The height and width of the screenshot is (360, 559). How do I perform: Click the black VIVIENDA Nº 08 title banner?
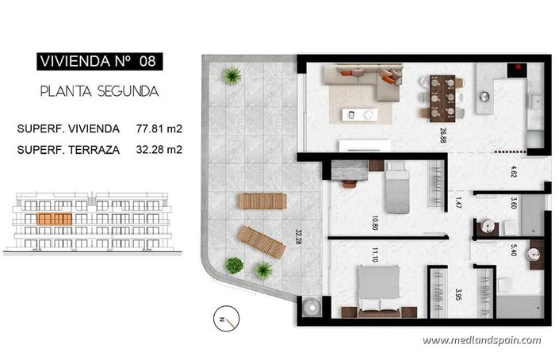point(97,60)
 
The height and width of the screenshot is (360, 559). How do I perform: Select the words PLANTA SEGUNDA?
point(99,91)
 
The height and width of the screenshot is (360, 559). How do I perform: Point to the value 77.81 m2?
point(159,128)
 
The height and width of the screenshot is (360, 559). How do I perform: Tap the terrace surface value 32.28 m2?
point(159,148)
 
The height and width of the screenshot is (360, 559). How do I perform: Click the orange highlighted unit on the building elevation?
point(56,217)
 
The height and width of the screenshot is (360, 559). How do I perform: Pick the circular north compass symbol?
point(223,320)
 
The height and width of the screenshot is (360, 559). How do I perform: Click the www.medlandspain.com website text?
point(481,340)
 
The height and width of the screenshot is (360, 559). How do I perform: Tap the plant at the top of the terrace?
point(232,76)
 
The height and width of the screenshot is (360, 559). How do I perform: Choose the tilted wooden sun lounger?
point(262,241)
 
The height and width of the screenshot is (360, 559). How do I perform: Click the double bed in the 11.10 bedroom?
point(379,288)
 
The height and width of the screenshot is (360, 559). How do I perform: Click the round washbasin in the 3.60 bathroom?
point(489,228)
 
